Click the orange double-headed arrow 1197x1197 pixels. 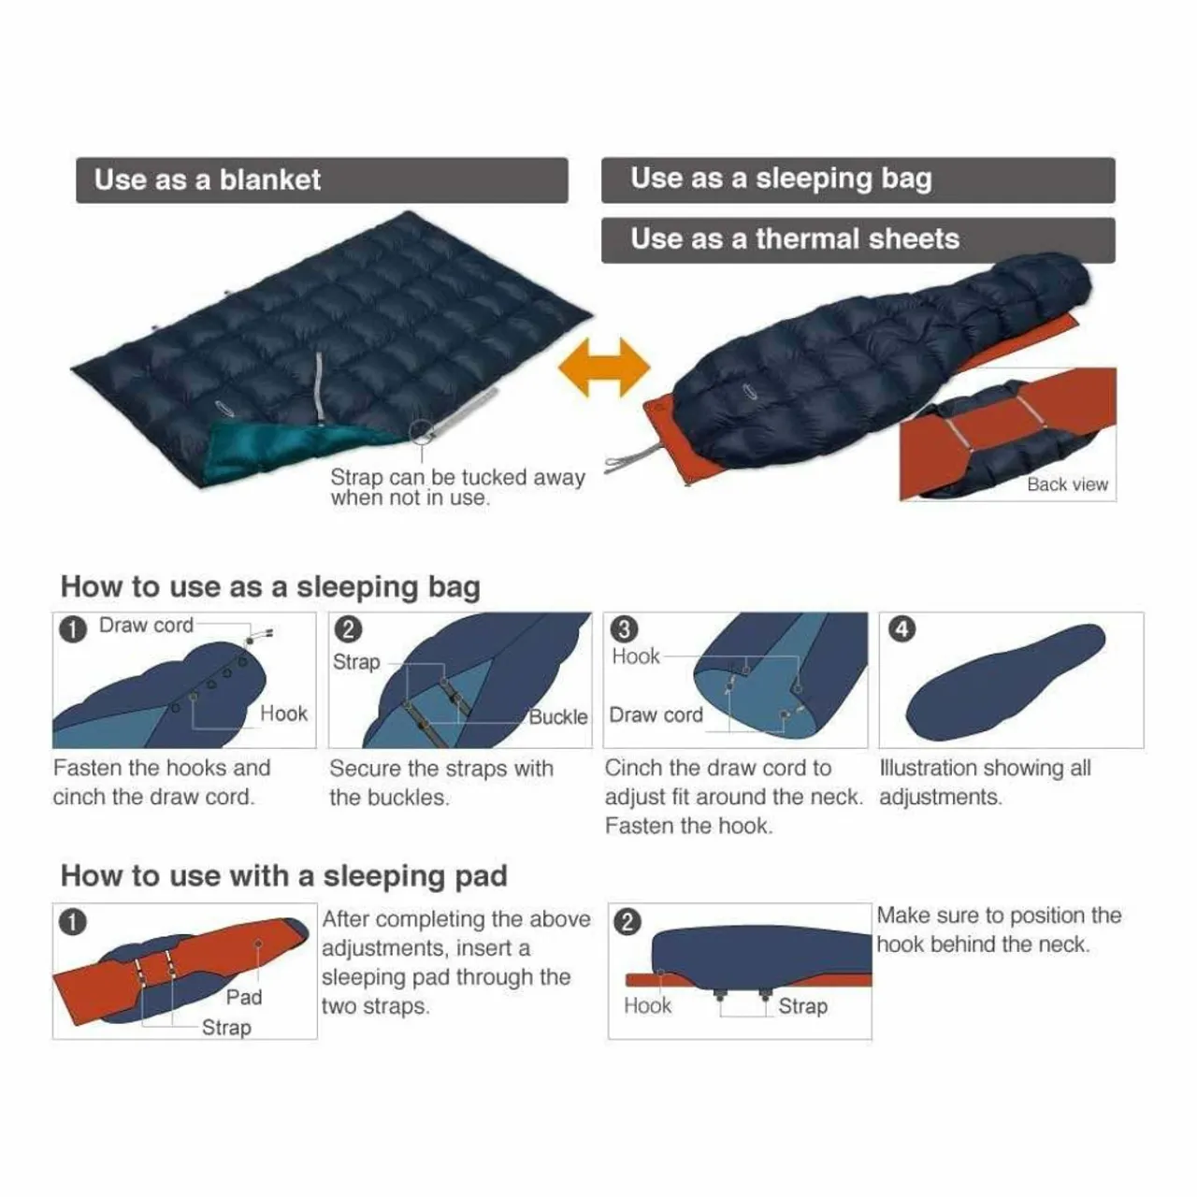pos(604,368)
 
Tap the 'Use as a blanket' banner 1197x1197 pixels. pos(322,180)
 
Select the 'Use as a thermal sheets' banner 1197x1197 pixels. pos(858,239)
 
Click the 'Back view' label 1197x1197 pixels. pos(1067,483)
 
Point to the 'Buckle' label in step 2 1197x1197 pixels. pos(557,717)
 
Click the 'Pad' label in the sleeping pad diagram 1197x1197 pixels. pos(243,997)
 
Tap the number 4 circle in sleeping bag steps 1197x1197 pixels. pos(901,629)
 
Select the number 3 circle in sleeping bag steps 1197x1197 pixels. pos(624,629)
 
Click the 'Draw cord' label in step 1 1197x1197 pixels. pos(146,625)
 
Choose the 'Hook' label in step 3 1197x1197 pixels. pos(636,656)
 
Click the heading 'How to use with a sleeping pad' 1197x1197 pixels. pos(284,876)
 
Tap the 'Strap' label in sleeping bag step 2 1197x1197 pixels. pos(356,662)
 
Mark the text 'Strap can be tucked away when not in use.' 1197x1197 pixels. pos(457,487)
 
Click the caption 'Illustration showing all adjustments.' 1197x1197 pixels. pos(985,782)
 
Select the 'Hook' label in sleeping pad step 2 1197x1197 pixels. pos(647,1005)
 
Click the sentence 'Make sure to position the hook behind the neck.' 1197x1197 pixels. pos(999,930)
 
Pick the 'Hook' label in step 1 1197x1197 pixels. pos(283,714)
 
